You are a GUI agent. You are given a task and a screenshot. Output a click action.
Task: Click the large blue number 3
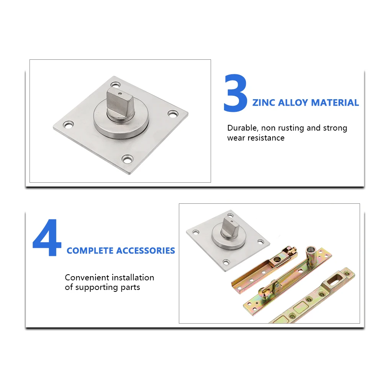point(235,93)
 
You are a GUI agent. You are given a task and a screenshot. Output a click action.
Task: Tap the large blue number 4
point(47,237)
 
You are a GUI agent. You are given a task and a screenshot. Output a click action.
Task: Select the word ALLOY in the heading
point(293,103)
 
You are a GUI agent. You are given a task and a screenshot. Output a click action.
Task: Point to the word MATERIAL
point(335,103)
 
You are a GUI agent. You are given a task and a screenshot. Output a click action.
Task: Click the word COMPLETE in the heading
point(90,250)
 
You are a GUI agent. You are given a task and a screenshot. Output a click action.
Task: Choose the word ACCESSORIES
point(146,250)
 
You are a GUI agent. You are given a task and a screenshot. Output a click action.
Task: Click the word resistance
point(266,138)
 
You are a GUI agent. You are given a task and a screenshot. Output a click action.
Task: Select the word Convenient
point(87,277)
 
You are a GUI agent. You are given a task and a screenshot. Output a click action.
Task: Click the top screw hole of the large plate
point(115,85)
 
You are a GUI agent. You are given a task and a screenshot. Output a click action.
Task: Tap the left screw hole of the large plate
point(69,125)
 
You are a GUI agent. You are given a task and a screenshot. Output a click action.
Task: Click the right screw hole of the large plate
point(173,114)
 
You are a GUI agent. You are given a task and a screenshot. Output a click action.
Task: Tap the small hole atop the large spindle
point(119,93)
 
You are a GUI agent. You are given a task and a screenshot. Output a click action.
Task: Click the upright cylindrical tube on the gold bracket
point(311,256)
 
